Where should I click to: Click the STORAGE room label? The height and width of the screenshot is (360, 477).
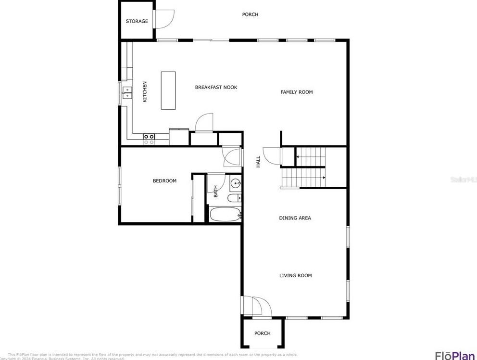pos(137,21)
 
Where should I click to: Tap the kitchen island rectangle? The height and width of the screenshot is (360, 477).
pos(168,91)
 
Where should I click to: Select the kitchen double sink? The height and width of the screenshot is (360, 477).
pos(127,92)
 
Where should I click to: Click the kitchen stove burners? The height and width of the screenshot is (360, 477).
pos(149,139)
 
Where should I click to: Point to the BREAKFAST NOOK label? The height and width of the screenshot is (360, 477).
pos(216,88)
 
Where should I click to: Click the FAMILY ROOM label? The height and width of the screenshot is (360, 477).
pos(297,92)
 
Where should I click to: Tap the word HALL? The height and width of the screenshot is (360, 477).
pos(258,161)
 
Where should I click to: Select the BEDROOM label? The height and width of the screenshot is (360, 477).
pos(164,181)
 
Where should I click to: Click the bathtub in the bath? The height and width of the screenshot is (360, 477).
pos(225,214)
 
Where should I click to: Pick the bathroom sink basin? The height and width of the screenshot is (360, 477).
pos(236,183)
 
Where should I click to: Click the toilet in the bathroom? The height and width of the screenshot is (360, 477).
pos(234,198)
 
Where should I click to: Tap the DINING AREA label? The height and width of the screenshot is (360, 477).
pos(295,218)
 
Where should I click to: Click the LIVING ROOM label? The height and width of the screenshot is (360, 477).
pos(295,276)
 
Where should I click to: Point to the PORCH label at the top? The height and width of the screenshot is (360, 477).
pos(250,14)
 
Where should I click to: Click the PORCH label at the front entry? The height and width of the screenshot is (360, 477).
pos(262,334)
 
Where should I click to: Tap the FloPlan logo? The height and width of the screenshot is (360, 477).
pos(454,356)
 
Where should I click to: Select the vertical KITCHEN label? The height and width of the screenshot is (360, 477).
pos(145,91)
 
